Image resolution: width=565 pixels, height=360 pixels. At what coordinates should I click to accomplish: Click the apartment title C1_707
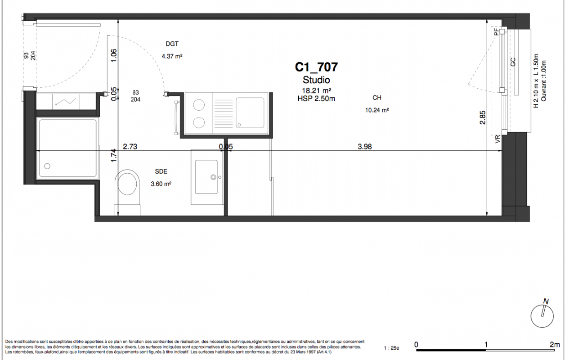[316, 67]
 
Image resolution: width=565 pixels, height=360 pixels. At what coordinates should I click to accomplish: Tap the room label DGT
[172, 44]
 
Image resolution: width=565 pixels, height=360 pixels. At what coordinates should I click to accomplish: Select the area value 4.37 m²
[172, 56]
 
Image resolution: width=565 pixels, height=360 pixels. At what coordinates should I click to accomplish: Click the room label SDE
[161, 171]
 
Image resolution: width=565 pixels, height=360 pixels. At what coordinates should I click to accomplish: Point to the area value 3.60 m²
[161, 184]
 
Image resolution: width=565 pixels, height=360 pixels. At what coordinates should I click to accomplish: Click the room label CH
[377, 98]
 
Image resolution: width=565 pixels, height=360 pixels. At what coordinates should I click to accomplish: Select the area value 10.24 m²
[377, 110]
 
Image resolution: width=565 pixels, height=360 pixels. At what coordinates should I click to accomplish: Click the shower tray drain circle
[47, 166]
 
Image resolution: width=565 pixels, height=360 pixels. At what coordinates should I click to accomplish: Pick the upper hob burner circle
[199, 105]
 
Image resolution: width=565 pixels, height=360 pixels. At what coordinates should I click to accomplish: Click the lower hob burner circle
[199, 122]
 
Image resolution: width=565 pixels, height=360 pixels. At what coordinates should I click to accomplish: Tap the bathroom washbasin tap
[213, 177]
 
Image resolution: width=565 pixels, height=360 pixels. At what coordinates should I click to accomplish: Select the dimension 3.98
[365, 147]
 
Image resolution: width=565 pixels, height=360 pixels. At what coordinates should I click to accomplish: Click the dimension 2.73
[130, 147]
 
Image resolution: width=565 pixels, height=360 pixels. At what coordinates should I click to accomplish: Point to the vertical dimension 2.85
[483, 117]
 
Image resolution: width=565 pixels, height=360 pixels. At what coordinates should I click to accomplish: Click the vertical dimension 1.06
[114, 56]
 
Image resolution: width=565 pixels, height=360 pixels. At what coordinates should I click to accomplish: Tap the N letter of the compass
[546, 301]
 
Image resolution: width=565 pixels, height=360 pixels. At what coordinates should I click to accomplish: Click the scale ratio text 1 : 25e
[392, 348]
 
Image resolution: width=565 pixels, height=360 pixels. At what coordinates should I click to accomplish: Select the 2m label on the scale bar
[555, 344]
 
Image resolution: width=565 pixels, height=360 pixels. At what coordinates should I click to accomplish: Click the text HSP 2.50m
[316, 99]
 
